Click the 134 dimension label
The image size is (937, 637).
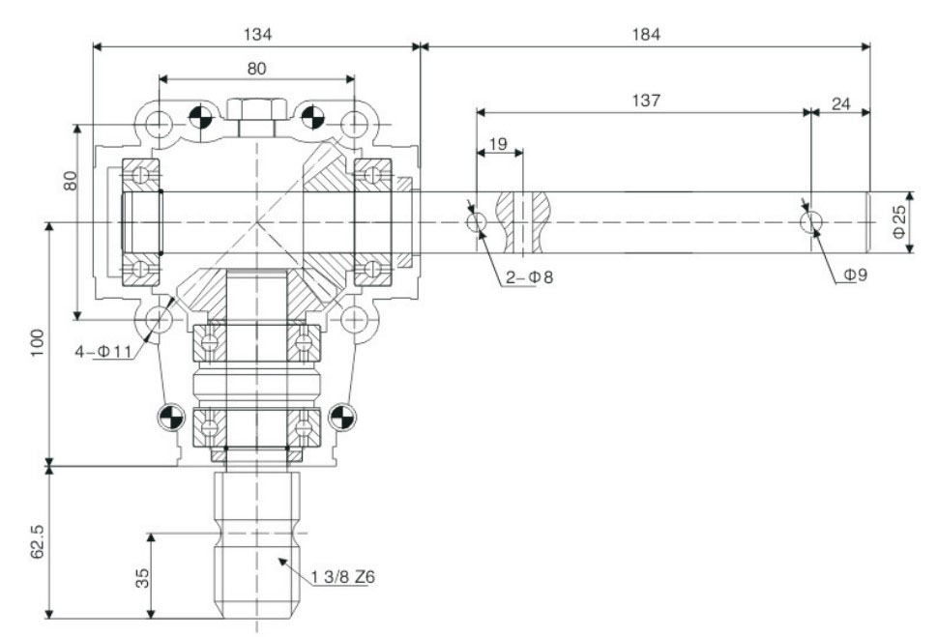tap(256, 34)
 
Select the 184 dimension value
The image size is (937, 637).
tap(645, 34)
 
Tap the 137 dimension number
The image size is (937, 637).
tap(644, 100)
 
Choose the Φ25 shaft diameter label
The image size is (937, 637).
tap(899, 221)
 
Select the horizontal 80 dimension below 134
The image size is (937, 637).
tap(256, 69)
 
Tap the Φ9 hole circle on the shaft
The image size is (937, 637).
tap(811, 221)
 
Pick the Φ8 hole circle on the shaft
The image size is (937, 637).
tap(477, 222)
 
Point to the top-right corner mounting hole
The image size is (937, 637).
tap(355, 125)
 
